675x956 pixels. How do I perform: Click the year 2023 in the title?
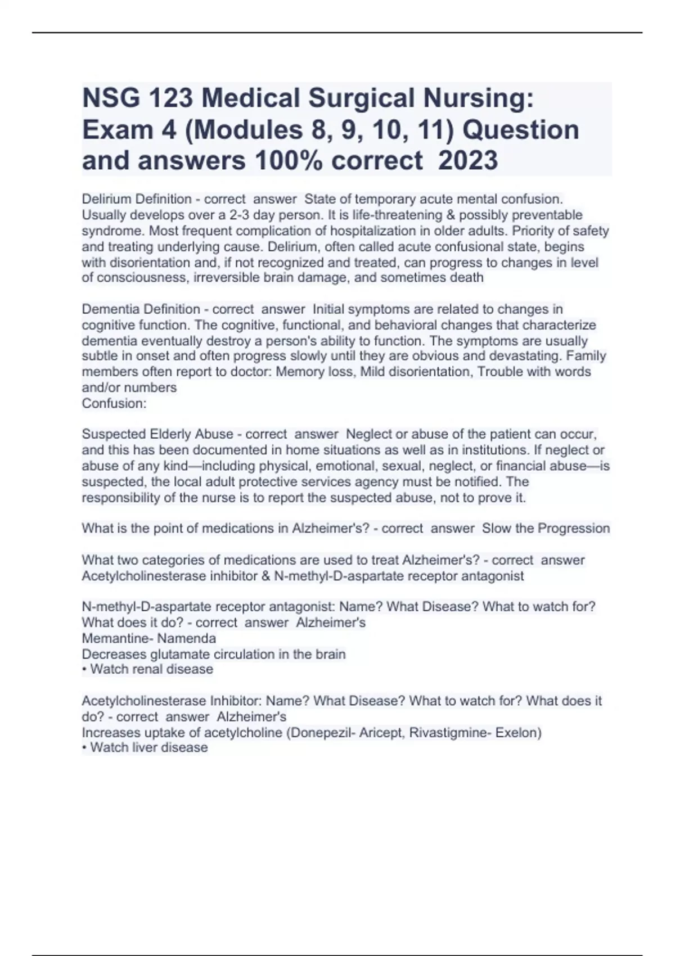click(x=467, y=160)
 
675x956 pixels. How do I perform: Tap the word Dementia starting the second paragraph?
click(x=109, y=309)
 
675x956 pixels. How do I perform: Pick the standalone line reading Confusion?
click(x=114, y=403)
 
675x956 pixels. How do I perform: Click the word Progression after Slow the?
click(x=574, y=529)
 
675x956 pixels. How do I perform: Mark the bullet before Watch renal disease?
click(x=84, y=669)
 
